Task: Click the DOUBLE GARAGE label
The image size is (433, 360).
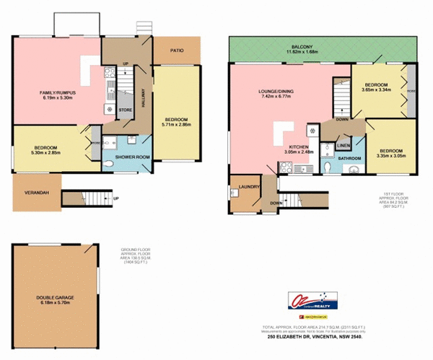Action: coord(56,297)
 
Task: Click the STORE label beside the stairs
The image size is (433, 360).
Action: coord(125,110)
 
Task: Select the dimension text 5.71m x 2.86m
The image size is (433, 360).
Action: coord(177,124)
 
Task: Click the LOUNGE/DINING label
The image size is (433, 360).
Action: coord(276,91)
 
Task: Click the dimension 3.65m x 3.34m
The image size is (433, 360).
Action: coord(375,90)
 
